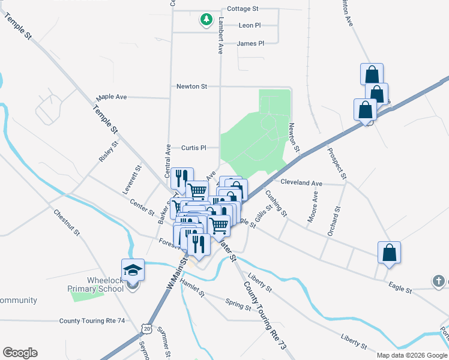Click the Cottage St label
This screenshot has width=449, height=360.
pyautogui.click(x=243, y=9)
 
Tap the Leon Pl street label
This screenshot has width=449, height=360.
pyautogui.click(x=250, y=25)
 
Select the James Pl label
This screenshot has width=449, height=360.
pyautogui.click(x=250, y=43)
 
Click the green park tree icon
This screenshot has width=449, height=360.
pyautogui.click(x=206, y=20)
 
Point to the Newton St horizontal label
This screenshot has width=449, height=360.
pyautogui.click(x=191, y=86)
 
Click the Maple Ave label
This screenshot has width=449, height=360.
pyautogui.click(x=112, y=97)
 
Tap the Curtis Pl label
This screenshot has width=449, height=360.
pyautogui.click(x=194, y=148)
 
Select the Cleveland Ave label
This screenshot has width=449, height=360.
pyautogui.click(x=301, y=182)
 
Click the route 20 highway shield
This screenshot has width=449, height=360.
pyautogui.click(x=146, y=328)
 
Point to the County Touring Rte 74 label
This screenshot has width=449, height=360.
pyautogui.click(x=92, y=321)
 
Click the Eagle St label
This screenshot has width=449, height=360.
pyautogui.click(x=400, y=290)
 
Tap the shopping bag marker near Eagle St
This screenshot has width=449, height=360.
pyautogui.click(x=389, y=253)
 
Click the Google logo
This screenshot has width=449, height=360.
pyautogui.click(x=20, y=353)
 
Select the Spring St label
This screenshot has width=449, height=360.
pyautogui.click(x=238, y=304)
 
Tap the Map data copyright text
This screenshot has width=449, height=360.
pyautogui.click(x=412, y=355)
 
